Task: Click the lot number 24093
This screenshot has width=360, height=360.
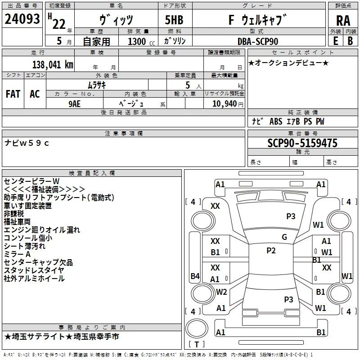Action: (x=22, y=19)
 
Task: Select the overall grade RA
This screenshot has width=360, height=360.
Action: (x=343, y=21)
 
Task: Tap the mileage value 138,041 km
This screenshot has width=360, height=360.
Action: (x=53, y=65)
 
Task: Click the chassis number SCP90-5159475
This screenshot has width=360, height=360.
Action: (x=302, y=143)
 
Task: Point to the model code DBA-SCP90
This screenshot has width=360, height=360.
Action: (x=257, y=41)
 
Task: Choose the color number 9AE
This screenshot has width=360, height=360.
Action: (x=74, y=104)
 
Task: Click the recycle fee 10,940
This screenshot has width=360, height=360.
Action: (x=224, y=104)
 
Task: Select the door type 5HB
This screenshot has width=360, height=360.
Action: (x=174, y=20)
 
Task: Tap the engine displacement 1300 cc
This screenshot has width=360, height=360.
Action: (x=141, y=41)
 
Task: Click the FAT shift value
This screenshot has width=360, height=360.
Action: (x=13, y=94)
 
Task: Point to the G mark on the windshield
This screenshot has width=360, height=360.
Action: (x=284, y=237)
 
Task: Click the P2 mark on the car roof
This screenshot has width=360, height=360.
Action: (x=271, y=251)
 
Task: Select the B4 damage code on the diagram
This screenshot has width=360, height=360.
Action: (x=195, y=276)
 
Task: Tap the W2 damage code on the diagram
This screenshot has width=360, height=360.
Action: (x=221, y=292)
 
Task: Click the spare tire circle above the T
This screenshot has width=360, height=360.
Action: (x=197, y=328)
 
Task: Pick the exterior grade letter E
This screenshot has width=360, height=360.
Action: (x=335, y=41)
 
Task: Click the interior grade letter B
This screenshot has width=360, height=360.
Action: (x=350, y=41)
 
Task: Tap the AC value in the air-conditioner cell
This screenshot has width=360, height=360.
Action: (x=35, y=94)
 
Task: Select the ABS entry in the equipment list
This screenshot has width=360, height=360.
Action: (x=276, y=121)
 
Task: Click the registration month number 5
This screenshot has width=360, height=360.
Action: (x=59, y=41)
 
